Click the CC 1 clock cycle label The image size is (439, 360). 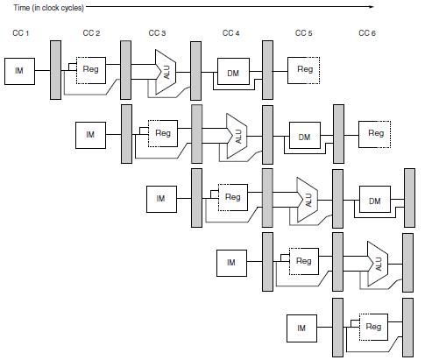tap(21, 33)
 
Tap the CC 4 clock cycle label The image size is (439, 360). tap(230, 33)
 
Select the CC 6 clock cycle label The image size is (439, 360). tap(367, 33)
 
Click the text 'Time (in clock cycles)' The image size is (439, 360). tap(49, 8)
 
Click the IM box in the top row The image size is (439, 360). tap(19, 71)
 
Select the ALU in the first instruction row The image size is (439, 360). tap(166, 72)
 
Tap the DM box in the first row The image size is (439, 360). tap(233, 72)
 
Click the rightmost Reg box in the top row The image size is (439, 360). tap(303, 70)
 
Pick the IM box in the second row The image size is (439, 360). tap(90, 135)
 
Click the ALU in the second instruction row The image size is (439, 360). tap(237, 136)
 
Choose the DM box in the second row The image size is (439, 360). tap(305, 136)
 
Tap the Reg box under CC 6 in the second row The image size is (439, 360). tap(375, 134)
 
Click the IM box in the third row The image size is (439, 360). tap(161, 199)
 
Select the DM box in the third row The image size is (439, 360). tap(375, 200)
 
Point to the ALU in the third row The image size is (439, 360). tap(308, 200)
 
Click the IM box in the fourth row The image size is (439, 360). tap(231, 263)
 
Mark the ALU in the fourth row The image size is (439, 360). tap(378, 264)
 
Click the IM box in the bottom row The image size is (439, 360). tap(301, 328)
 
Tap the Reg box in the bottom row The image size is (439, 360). tap(373, 327)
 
